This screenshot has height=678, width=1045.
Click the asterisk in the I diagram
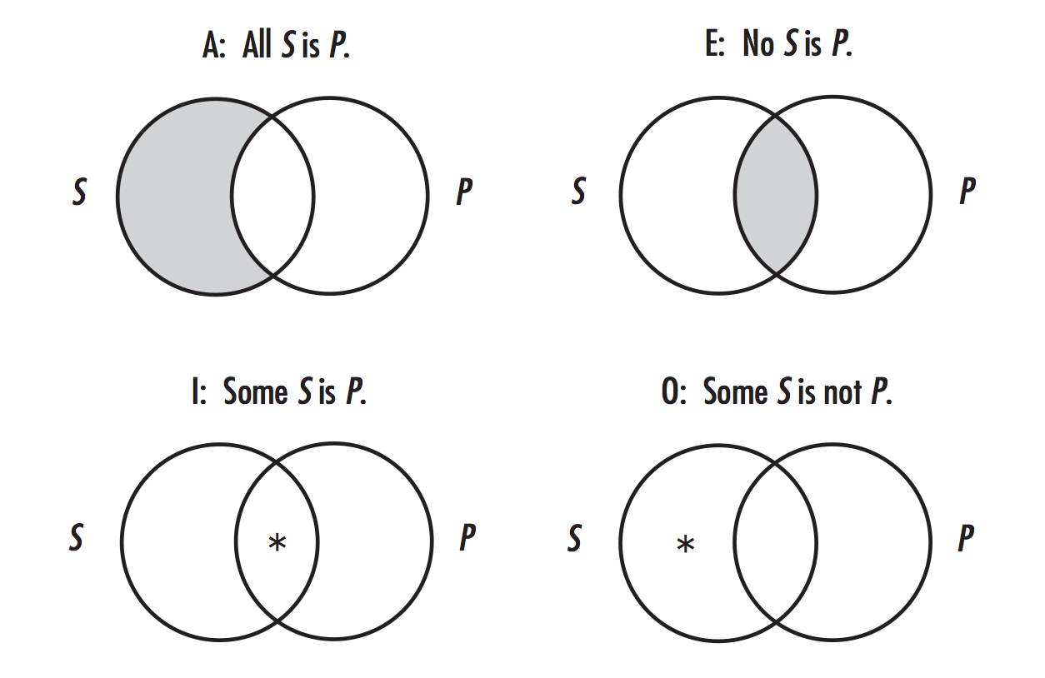pos(277,543)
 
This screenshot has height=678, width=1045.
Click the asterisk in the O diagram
pos(685,544)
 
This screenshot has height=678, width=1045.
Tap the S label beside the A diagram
pos(79,192)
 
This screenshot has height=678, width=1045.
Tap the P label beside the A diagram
pos(464,192)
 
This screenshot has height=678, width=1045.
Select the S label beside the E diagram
pos(578,191)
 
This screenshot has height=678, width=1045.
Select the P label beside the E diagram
pos(967,191)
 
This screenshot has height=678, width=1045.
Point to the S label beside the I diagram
pos(76,537)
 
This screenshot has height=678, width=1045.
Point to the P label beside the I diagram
pos(467,537)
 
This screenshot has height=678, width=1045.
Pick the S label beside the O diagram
pos(575,538)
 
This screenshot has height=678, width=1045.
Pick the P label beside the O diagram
pos(966,538)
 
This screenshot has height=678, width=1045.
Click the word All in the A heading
pos(257,44)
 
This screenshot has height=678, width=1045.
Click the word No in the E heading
pos(758,43)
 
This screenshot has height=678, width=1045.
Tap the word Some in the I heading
pos(255,391)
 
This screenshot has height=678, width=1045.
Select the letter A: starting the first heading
pos(214,45)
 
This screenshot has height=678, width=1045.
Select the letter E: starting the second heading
pos(715,44)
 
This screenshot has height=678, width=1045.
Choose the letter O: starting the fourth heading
pos(673,391)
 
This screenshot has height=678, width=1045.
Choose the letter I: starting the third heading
pos(199,391)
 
